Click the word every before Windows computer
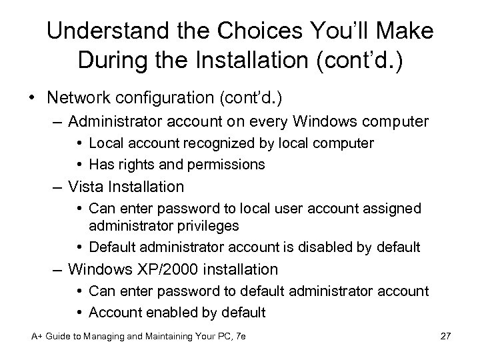272,122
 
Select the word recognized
219,143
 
